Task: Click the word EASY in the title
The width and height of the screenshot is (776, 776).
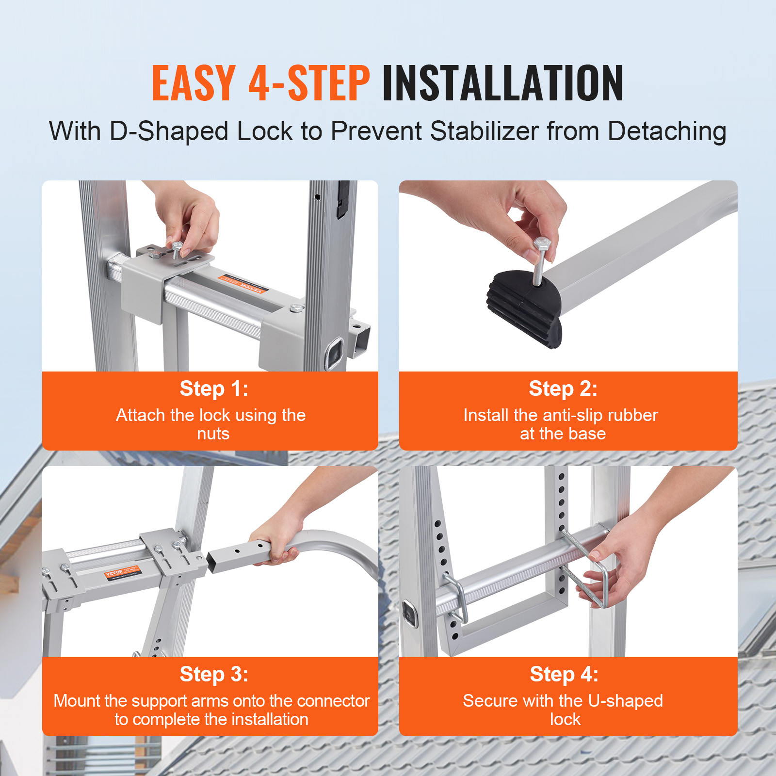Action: pyautogui.click(x=194, y=83)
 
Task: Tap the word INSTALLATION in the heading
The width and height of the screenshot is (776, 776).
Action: pyautogui.click(x=502, y=83)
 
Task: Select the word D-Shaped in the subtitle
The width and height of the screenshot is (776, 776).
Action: pyautogui.click(x=169, y=131)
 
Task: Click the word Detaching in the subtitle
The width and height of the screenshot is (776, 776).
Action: pyautogui.click(x=667, y=132)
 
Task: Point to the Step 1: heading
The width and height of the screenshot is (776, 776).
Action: pyautogui.click(x=214, y=388)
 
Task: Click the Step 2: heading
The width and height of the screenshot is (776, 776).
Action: pyautogui.click(x=563, y=388)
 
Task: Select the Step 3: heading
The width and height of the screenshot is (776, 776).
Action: pyautogui.click(x=214, y=674)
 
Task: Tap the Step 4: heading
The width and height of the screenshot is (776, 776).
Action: pyautogui.click(x=564, y=674)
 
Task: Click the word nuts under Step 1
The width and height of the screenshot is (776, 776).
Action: pyautogui.click(x=213, y=434)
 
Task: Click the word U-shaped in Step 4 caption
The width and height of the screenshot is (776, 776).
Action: pyautogui.click(x=625, y=701)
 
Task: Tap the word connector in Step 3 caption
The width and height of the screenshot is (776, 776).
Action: pyautogui.click(x=334, y=701)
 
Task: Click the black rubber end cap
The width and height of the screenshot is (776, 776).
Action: pyautogui.click(x=524, y=308)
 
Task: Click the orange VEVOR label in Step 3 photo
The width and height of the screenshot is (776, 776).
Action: pyautogui.click(x=122, y=572)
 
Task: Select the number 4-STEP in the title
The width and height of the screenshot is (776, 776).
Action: pyautogui.click(x=309, y=83)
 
